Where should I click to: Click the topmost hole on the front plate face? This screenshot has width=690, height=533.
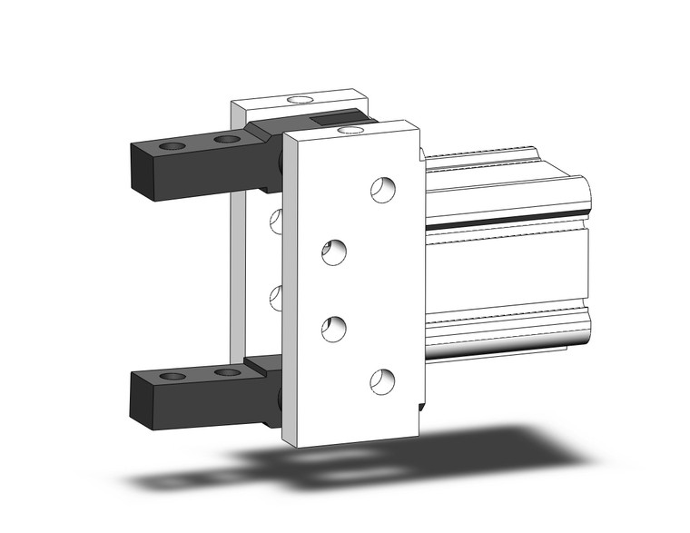382,189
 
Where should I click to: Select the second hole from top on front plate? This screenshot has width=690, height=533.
335,251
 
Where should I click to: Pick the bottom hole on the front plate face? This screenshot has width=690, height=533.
382,381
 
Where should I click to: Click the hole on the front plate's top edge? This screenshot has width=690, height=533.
347,130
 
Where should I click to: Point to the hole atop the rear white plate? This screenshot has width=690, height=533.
298,96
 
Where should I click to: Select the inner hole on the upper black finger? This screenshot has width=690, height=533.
227,140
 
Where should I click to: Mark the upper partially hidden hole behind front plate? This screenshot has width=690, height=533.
276,219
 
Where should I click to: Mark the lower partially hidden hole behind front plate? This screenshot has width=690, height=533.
276,296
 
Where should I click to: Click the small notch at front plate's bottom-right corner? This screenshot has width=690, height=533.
420,406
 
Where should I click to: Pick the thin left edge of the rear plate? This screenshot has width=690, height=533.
236,272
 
